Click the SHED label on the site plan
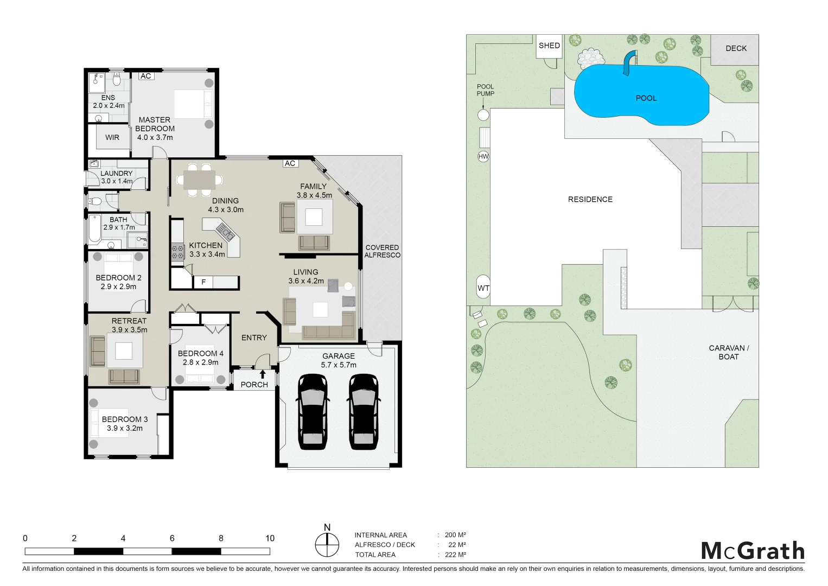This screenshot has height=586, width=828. click(x=549, y=46)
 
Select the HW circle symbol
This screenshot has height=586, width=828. click(x=483, y=156)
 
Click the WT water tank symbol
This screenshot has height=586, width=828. click(x=483, y=288)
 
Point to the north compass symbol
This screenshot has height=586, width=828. click(x=327, y=545)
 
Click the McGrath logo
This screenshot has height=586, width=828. click(x=753, y=551)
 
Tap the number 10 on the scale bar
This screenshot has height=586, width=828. click(x=270, y=538)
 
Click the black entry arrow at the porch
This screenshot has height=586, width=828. click(x=263, y=374)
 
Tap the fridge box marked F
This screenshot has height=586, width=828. click(x=203, y=282)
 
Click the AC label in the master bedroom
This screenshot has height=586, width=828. click(x=146, y=76)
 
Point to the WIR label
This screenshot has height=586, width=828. click(x=112, y=137)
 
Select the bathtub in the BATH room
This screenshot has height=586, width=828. click(x=94, y=230)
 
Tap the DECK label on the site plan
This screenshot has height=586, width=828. click(x=736, y=48)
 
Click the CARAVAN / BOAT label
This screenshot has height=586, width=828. click(x=728, y=352)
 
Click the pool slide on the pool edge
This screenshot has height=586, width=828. click(x=629, y=62)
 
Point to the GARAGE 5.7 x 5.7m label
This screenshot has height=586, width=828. click(x=339, y=360)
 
